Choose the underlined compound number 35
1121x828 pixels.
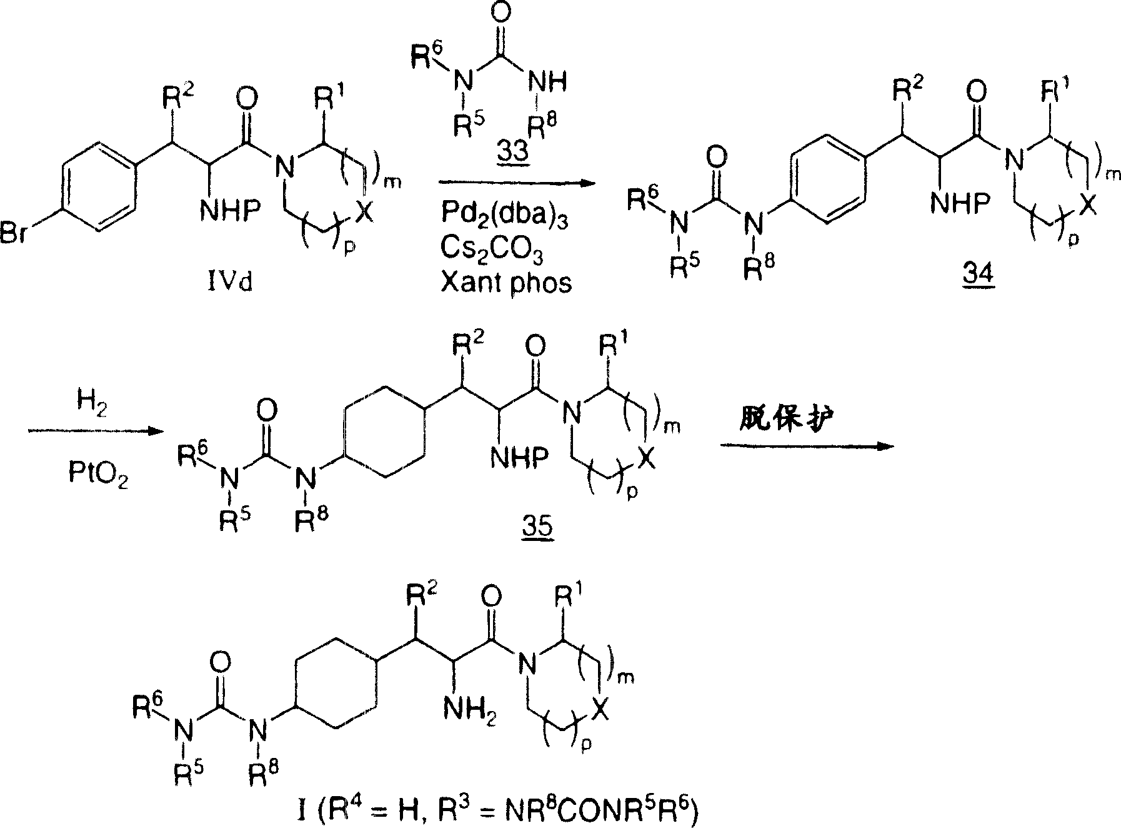pyautogui.click(x=539, y=527)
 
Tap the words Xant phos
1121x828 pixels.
pyautogui.click(x=506, y=283)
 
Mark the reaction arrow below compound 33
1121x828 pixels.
pyautogui.click(x=514, y=183)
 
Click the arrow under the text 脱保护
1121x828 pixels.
pyautogui.click(x=806, y=446)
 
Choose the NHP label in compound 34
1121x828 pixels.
pyautogui.click(x=960, y=203)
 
